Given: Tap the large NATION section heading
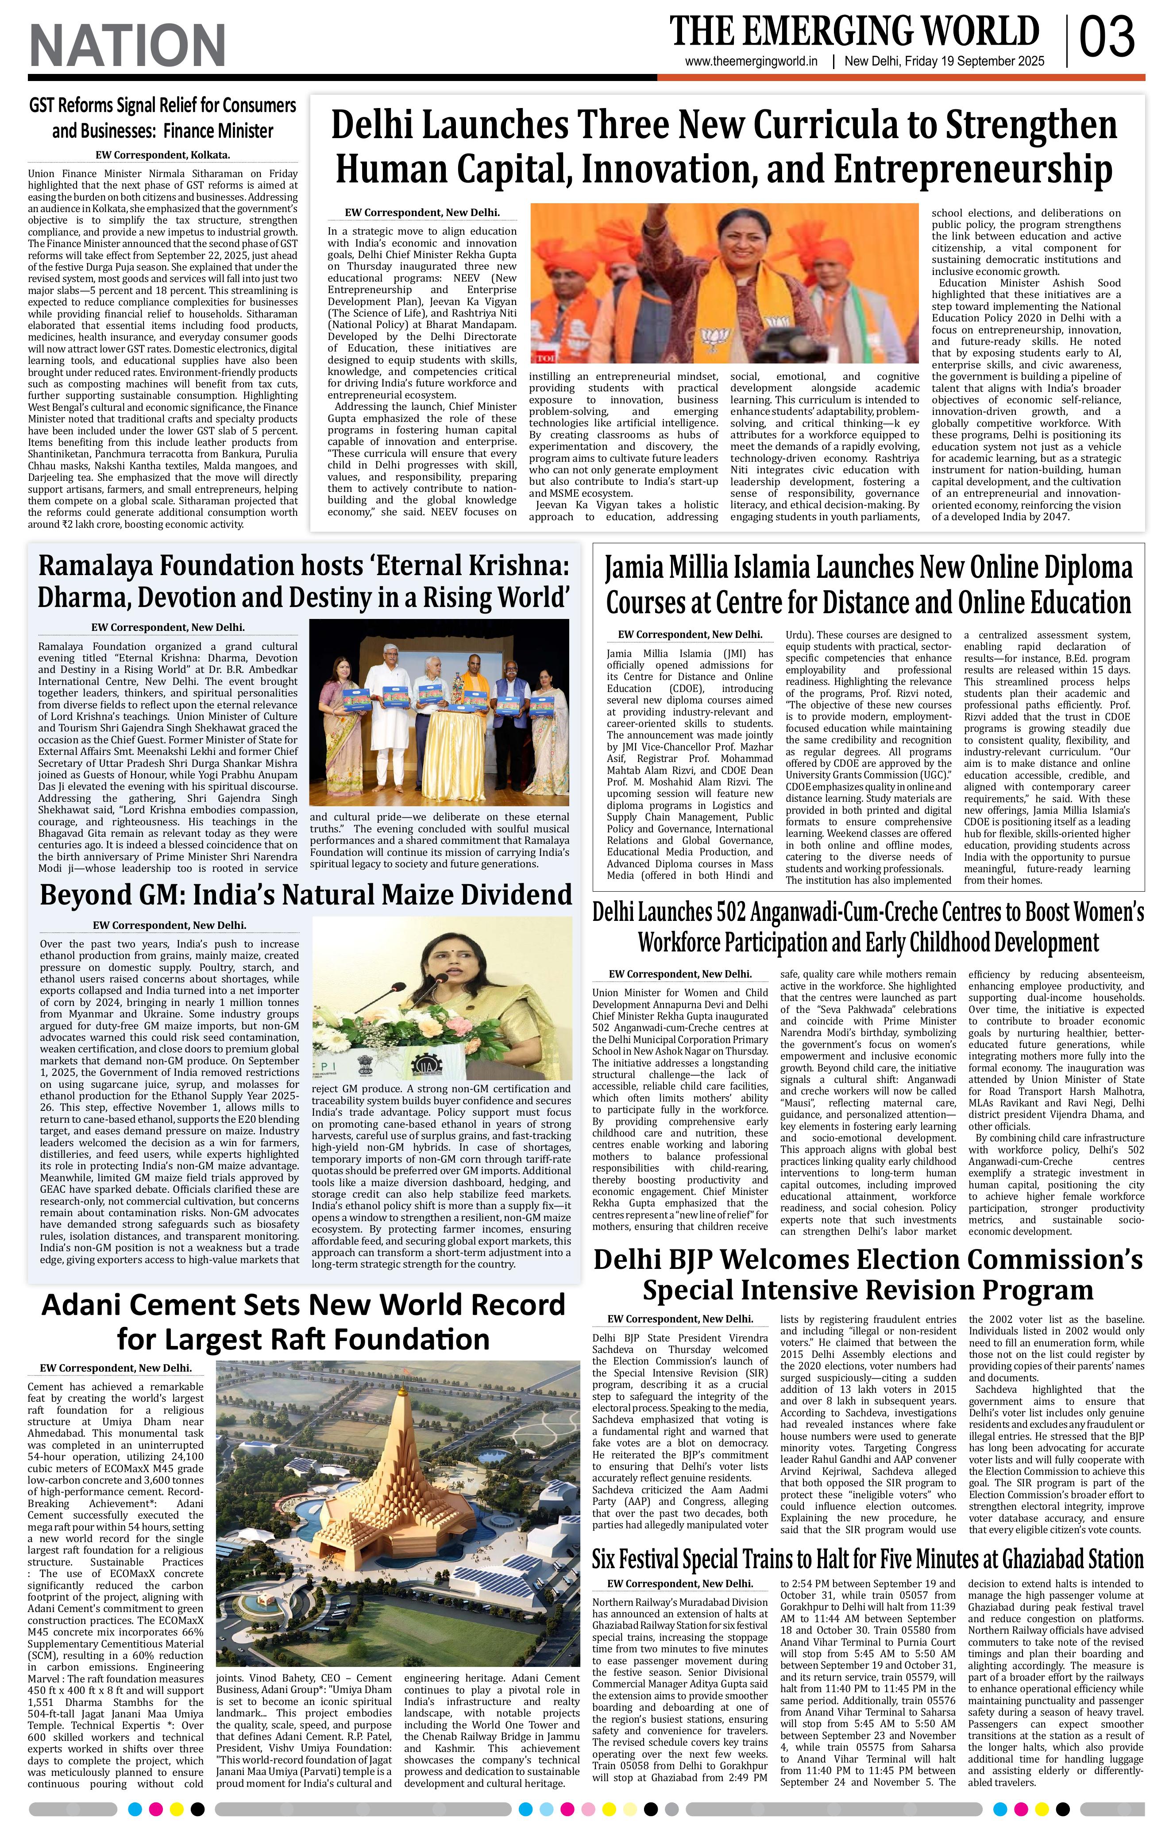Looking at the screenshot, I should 127,44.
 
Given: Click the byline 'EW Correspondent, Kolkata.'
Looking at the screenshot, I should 162,154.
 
